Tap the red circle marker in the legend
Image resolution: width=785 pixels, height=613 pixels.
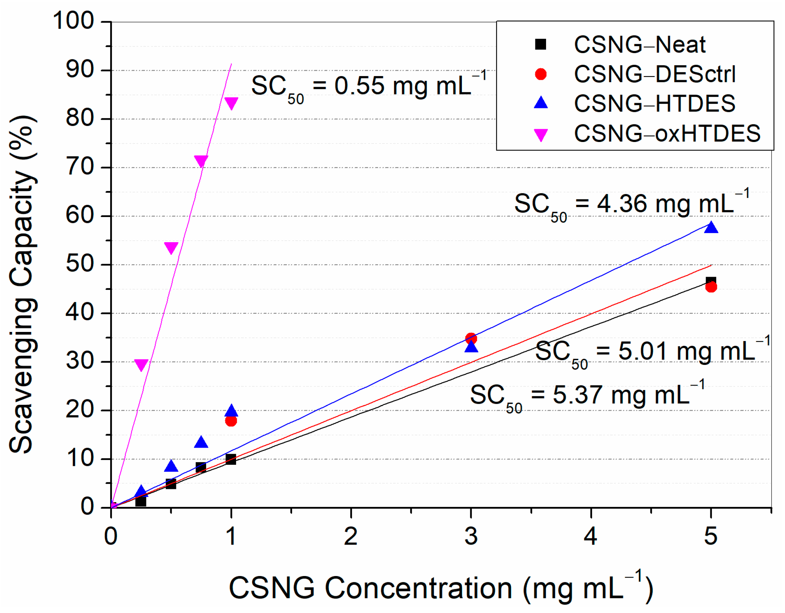coord(541,74)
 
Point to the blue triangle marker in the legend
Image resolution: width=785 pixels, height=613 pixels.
coord(541,103)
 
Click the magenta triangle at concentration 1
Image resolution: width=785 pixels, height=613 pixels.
coord(231,103)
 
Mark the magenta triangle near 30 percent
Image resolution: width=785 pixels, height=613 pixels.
coord(141,364)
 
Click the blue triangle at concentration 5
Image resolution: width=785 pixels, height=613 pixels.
coord(711,228)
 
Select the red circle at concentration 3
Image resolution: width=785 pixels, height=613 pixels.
coord(471,338)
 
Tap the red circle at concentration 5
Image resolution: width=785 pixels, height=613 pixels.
coord(711,287)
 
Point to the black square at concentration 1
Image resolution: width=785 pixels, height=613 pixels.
coord(231,459)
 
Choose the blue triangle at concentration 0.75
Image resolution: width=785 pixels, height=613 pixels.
coord(201,443)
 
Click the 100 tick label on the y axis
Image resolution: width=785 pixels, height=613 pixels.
coord(74,21)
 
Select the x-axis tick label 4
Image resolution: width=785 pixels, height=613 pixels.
coord(590,537)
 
